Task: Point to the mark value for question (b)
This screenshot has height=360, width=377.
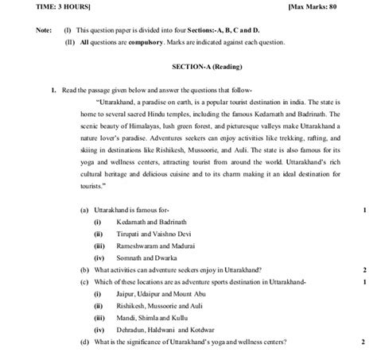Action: tap(363, 269)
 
